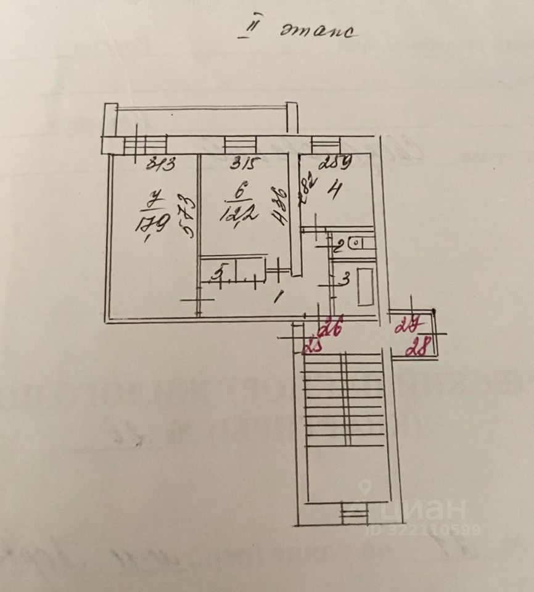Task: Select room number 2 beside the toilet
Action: point(338,249)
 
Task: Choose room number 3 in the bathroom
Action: point(346,279)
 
